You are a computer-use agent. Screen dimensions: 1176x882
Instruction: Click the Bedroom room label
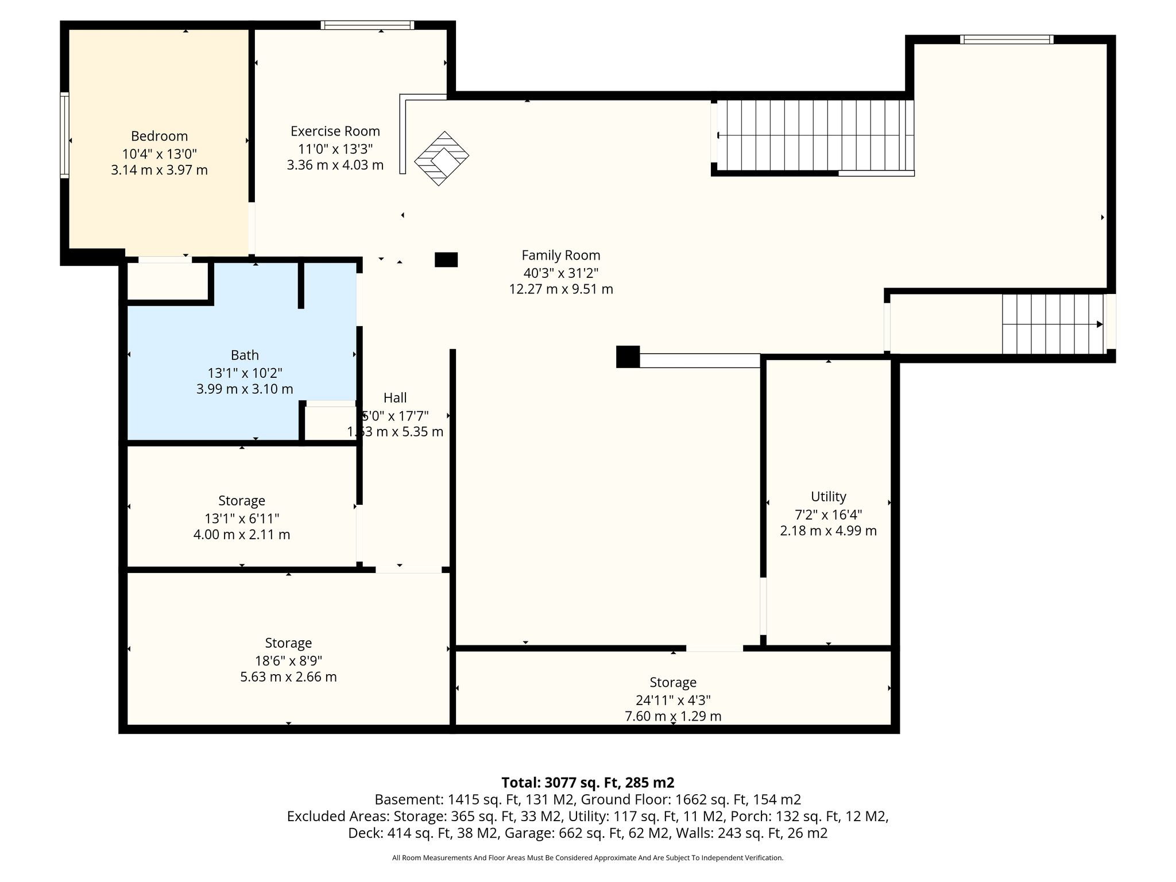[x=159, y=136]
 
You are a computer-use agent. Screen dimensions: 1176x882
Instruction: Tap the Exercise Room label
[x=335, y=131]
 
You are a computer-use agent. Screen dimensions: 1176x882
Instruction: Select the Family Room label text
[x=561, y=256]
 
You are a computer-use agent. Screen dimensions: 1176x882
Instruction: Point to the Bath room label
[x=245, y=355]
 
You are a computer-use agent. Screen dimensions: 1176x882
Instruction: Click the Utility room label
[x=829, y=497]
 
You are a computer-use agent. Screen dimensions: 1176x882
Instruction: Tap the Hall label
[x=395, y=397]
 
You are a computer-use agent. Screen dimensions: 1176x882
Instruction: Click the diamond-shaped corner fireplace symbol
[x=442, y=158]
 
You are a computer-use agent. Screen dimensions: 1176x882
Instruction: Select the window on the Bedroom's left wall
[x=64, y=135]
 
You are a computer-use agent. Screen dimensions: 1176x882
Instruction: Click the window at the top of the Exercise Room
[x=367, y=25]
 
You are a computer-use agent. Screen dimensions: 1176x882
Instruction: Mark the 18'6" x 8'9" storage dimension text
[x=288, y=660]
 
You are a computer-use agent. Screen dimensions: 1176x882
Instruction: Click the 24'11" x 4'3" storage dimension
[x=673, y=700]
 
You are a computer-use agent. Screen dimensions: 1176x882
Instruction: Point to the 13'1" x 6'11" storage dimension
[x=242, y=519]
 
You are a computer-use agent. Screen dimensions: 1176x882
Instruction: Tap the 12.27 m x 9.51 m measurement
[x=561, y=289]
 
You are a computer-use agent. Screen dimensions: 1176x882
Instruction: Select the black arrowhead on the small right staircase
[x=1100, y=324]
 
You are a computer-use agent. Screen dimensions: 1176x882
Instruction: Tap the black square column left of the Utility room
[x=628, y=357]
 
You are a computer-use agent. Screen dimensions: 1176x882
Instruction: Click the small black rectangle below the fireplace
[x=446, y=260]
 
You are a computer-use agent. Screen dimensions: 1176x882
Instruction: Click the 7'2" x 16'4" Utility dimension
[x=829, y=514]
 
